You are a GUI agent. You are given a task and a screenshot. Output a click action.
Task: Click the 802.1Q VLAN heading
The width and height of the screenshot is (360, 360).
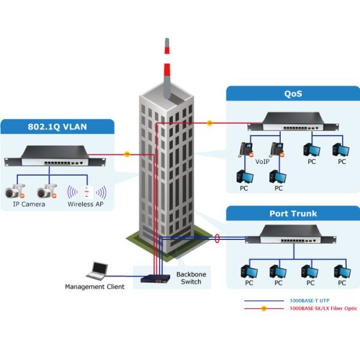[x=57, y=127]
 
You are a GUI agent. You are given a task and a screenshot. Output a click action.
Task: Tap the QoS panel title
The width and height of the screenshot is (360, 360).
[x=293, y=94]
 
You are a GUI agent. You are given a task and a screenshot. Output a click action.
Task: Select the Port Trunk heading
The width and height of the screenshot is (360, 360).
[x=293, y=214]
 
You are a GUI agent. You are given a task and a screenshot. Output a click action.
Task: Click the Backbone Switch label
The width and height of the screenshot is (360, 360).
[x=191, y=278]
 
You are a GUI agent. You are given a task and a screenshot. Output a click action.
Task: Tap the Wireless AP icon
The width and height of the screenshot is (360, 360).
[x=87, y=192]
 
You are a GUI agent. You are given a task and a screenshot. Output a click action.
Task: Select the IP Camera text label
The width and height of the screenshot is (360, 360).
[x=29, y=205]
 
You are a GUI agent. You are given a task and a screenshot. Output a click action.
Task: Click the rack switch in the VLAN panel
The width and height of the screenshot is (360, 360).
[x=55, y=158]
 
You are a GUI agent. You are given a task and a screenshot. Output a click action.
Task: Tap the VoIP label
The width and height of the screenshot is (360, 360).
[x=261, y=161]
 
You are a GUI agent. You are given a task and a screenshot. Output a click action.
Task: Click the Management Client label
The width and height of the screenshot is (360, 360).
[x=95, y=287]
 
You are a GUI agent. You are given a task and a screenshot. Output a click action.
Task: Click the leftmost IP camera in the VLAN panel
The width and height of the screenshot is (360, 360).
[x=14, y=192]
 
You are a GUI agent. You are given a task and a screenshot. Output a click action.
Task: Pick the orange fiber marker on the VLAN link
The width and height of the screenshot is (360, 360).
[x=127, y=154]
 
